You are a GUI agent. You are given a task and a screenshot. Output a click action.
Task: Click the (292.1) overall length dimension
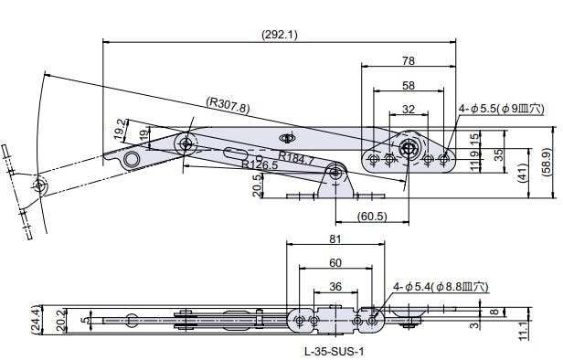coord(280,35)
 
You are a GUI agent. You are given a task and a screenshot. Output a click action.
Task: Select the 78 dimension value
coord(409,61)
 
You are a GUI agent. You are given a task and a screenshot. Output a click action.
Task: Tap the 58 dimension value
coord(409,85)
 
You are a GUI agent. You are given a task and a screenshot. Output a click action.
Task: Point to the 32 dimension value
coord(409,109)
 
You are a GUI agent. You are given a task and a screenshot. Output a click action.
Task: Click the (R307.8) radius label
coord(228,105)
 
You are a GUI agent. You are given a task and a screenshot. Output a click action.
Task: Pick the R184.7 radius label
coord(296,158)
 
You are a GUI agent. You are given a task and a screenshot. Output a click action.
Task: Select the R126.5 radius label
coord(260,164)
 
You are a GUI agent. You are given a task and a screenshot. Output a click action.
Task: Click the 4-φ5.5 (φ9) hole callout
coord(501,109)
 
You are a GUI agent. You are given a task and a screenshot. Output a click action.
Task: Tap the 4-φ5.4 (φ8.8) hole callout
coord(441,286)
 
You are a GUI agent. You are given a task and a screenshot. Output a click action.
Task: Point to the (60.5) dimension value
coord(372,216)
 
